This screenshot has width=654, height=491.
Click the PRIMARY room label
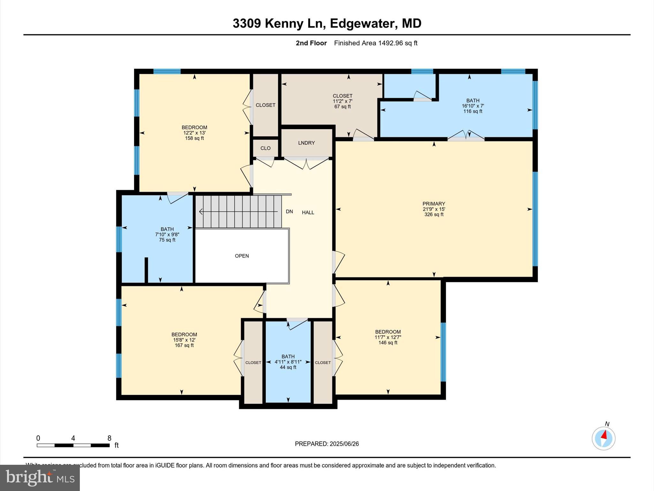pos(433,204)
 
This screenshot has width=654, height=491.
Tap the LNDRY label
pos(306,143)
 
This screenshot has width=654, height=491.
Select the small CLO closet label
pos(265,148)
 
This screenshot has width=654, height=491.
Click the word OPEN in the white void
pos(242,256)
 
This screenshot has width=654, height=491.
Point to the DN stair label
pos(289,212)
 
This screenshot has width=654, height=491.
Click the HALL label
pos(308,212)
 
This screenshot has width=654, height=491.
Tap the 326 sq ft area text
pos(434,214)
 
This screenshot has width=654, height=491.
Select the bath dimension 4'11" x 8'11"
pos(288,362)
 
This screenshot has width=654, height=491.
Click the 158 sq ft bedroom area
pos(194,138)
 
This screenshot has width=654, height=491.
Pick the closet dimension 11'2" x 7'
pos(342,101)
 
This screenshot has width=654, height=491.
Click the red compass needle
pos(604,435)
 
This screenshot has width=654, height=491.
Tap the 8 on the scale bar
pos(109,438)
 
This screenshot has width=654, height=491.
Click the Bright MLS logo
pos(40,478)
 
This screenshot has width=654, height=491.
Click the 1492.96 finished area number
pos(390,43)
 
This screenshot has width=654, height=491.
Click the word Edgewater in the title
pos(363,23)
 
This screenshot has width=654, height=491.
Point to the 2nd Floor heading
pos(311,43)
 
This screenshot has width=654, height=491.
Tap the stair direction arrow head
pos(201,212)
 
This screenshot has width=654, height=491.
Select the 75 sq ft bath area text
pos(167,240)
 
